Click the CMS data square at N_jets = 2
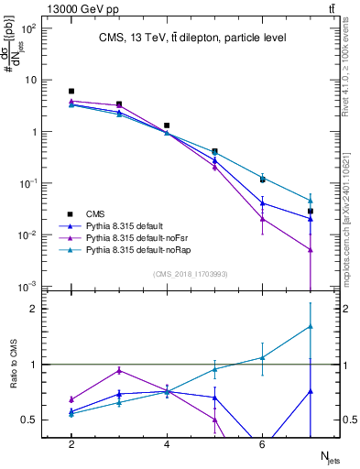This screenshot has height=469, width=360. (71, 91)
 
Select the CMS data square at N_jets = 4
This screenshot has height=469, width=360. (167, 125)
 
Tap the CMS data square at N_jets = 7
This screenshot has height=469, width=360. (311, 212)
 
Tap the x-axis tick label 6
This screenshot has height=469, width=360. (262, 444)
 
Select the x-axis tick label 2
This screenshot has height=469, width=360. (71, 444)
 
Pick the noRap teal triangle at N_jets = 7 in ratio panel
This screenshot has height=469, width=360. (311, 326)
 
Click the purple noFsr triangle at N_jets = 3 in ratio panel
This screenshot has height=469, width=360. (119, 370)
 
